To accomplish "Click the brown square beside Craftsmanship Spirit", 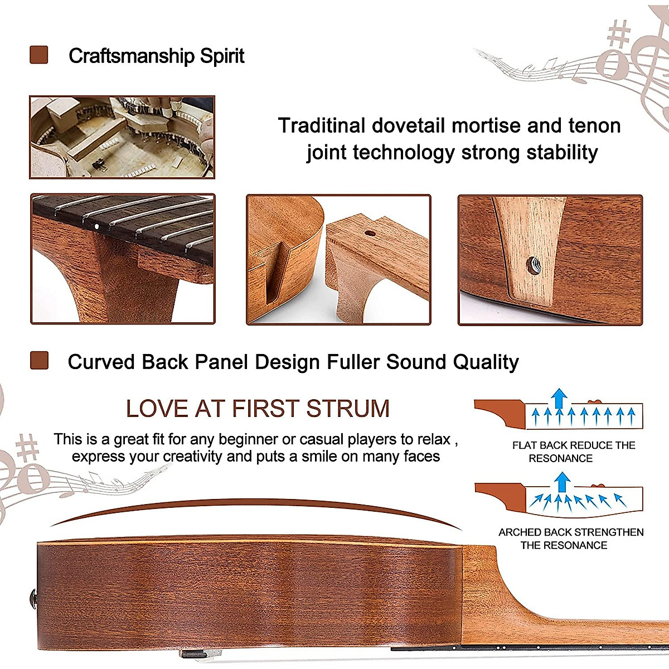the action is click(39, 55).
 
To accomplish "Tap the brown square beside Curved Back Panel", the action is click(39, 360).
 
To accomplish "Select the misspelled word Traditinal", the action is click(322, 125).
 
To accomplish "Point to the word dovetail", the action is click(408, 125).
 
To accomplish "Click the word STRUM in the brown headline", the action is click(348, 408).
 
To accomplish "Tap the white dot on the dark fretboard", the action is click(97, 227).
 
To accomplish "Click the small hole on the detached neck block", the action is click(370, 233).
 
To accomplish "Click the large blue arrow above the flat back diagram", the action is click(559, 398).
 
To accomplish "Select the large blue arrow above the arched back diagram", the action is click(562, 482).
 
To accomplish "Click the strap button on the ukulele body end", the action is click(33, 599).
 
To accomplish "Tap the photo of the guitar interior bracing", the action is click(122, 137).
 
